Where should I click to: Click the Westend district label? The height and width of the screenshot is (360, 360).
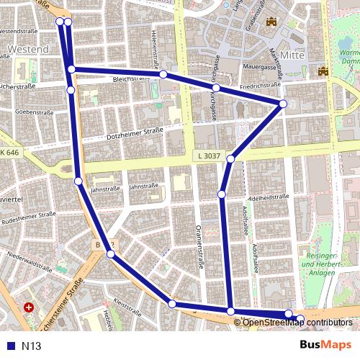click(x=28, y=50)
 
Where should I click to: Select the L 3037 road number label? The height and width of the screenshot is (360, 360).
click(x=207, y=156)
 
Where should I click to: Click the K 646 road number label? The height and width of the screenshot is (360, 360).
click(x=11, y=153)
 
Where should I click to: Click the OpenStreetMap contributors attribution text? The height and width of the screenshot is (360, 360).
click(x=297, y=322)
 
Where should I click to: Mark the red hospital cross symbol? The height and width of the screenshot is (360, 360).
click(x=29, y=307)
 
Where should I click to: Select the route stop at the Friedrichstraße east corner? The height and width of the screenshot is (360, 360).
click(x=283, y=104)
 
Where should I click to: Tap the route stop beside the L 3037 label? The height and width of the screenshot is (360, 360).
click(x=231, y=158)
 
